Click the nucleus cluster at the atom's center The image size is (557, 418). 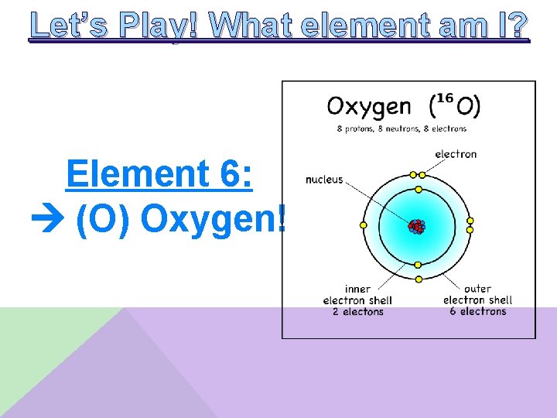(417, 226)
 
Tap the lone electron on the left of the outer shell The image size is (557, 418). (364, 225)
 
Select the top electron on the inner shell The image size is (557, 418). (418, 188)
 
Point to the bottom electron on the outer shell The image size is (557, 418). (419, 279)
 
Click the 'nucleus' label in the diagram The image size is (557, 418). (323, 180)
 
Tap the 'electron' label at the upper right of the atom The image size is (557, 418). (456, 154)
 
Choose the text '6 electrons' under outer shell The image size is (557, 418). (477, 311)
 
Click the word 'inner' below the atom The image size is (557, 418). (357, 289)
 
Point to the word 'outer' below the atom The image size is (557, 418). (478, 289)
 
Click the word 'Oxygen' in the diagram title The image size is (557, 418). (368, 106)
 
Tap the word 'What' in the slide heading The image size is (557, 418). (251, 26)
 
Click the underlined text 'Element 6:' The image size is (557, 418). (159, 173)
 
